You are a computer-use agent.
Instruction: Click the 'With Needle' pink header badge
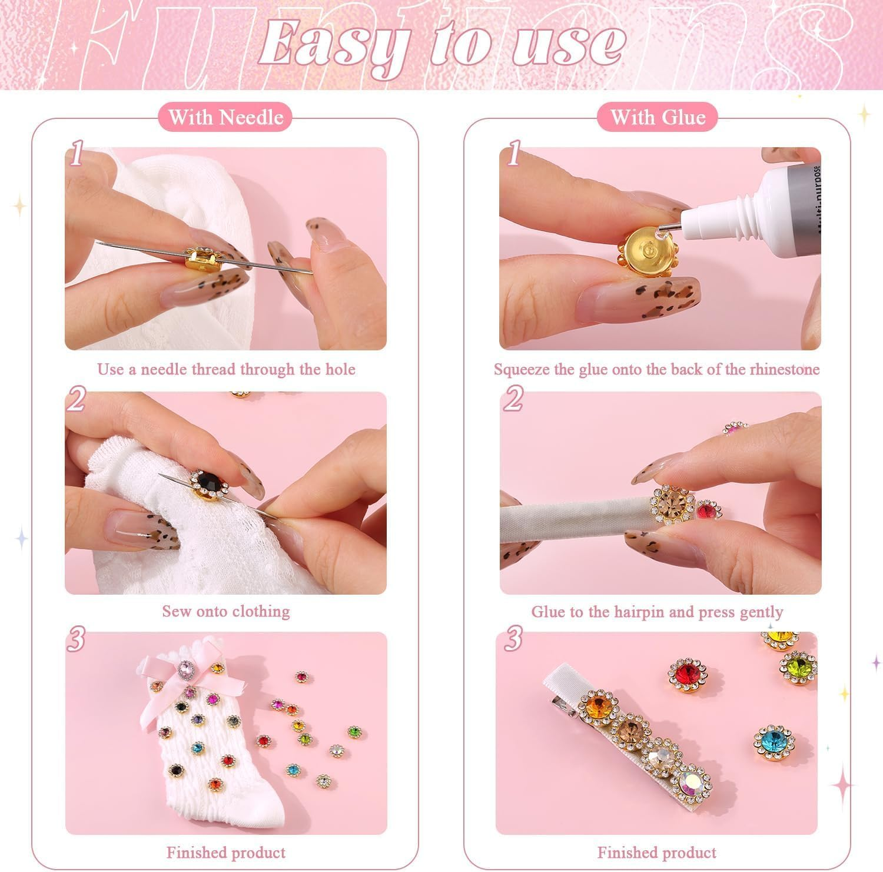pos(226,117)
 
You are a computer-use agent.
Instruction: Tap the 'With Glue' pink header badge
pos(658,117)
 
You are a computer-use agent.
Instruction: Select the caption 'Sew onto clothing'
pos(226,611)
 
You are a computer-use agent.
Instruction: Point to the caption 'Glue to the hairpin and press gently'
pos(657,612)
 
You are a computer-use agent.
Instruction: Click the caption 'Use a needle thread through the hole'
pos(226,369)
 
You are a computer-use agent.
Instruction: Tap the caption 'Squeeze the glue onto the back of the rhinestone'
pos(656,369)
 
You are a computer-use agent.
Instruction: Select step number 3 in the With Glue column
pos(513,639)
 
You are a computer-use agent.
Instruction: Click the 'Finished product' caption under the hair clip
pos(657,852)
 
